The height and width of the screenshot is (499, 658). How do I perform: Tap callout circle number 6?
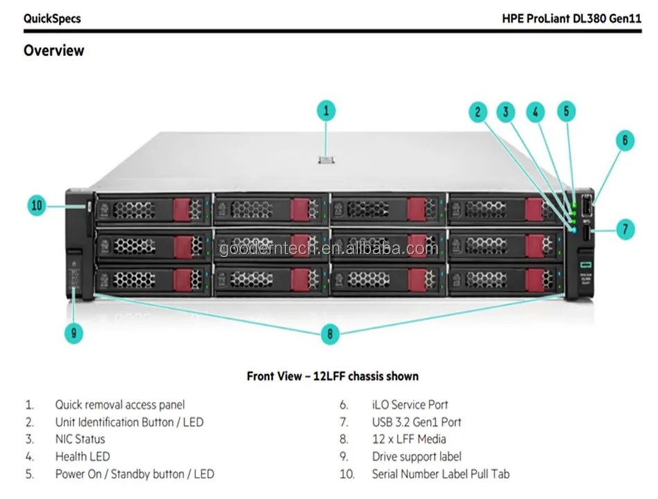click(624, 141)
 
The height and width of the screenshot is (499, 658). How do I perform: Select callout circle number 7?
click(624, 229)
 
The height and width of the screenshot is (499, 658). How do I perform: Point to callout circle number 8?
click(330, 334)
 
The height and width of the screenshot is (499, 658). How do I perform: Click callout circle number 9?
click(73, 333)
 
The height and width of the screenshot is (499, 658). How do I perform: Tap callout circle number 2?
click(477, 112)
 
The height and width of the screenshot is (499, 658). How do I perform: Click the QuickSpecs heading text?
click(52, 19)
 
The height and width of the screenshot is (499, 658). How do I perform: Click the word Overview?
click(54, 51)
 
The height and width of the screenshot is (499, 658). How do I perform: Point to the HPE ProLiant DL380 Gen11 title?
click(571, 19)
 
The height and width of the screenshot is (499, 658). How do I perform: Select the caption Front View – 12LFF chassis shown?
click(332, 376)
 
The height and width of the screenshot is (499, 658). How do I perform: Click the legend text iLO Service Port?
click(409, 405)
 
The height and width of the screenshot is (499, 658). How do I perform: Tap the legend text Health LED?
click(82, 457)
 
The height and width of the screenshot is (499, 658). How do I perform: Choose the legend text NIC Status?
click(80, 439)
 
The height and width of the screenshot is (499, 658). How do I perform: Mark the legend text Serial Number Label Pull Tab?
click(441, 474)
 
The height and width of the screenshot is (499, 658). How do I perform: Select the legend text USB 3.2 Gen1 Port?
click(416, 422)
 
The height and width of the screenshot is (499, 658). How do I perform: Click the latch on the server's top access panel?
click(326, 160)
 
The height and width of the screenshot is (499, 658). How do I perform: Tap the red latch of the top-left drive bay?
click(181, 209)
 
